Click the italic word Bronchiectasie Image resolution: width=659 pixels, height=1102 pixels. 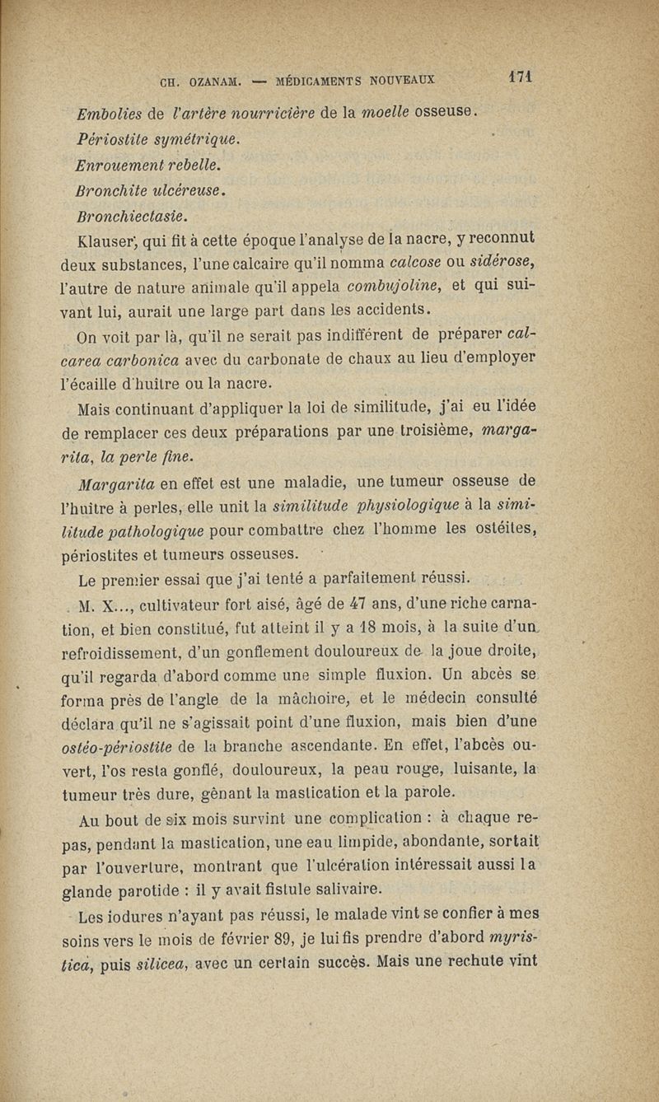click(x=132, y=217)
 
